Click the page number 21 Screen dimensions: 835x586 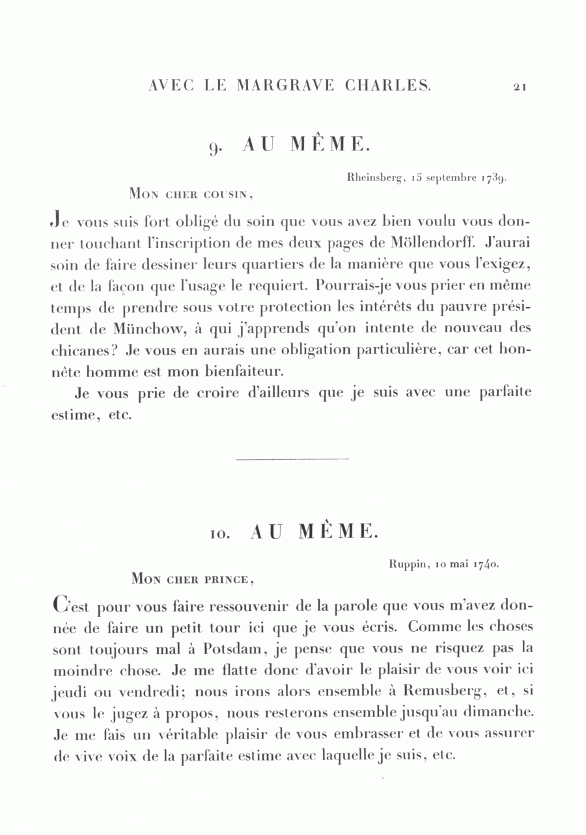[519, 86]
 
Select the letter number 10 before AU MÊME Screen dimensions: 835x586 [216, 533]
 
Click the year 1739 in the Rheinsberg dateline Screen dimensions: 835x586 [494, 177]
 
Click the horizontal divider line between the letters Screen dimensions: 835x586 [292, 460]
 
